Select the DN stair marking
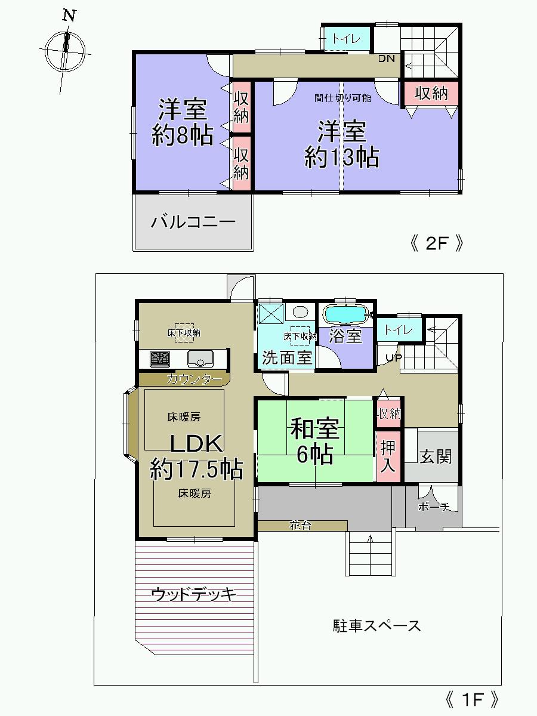click(x=387, y=58)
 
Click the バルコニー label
click(x=193, y=223)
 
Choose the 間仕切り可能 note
click(x=342, y=98)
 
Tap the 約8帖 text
click(x=182, y=137)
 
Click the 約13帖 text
click(x=341, y=157)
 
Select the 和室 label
click(x=315, y=428)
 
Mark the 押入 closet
click(x=388, y=456)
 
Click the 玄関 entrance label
click(x=436, y=457)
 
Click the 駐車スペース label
click(x=376, y=626)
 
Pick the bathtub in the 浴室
click(x=345, y=313)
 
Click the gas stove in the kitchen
click(x=159, y=359)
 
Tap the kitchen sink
click(x=200, y=359)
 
